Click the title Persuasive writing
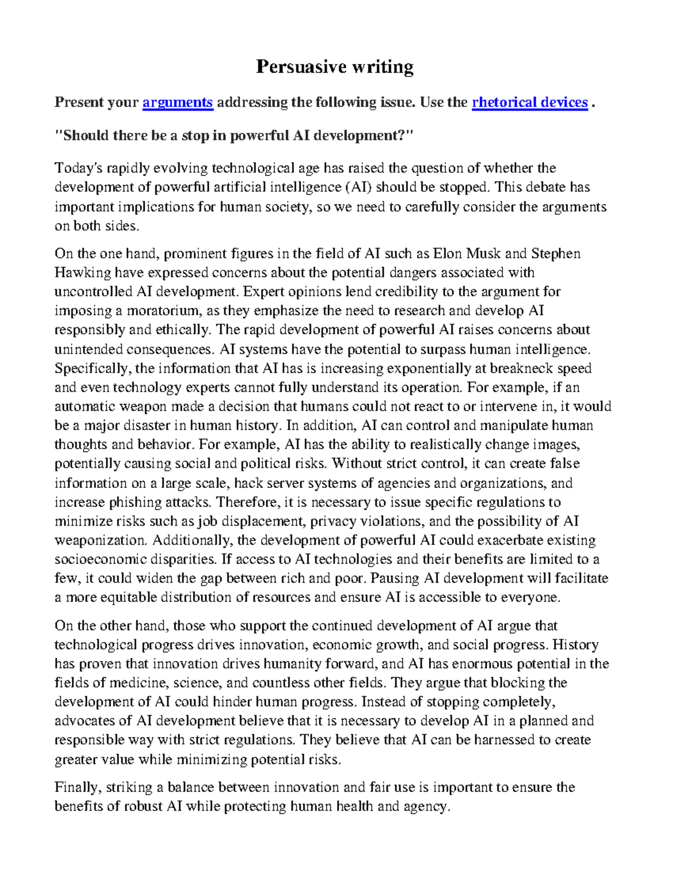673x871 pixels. click(x=335, y=67)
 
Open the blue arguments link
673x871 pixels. click(x=178, y=102)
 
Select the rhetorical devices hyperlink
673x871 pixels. click(x=529, y=102)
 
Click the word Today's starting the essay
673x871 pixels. click(x=75, y=168)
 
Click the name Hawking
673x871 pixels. click(x=82, y=273)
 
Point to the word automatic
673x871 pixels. click(x=82, y=407)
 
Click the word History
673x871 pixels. click(x=575, y=645)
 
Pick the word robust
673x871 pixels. click(x=141, y=807)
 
